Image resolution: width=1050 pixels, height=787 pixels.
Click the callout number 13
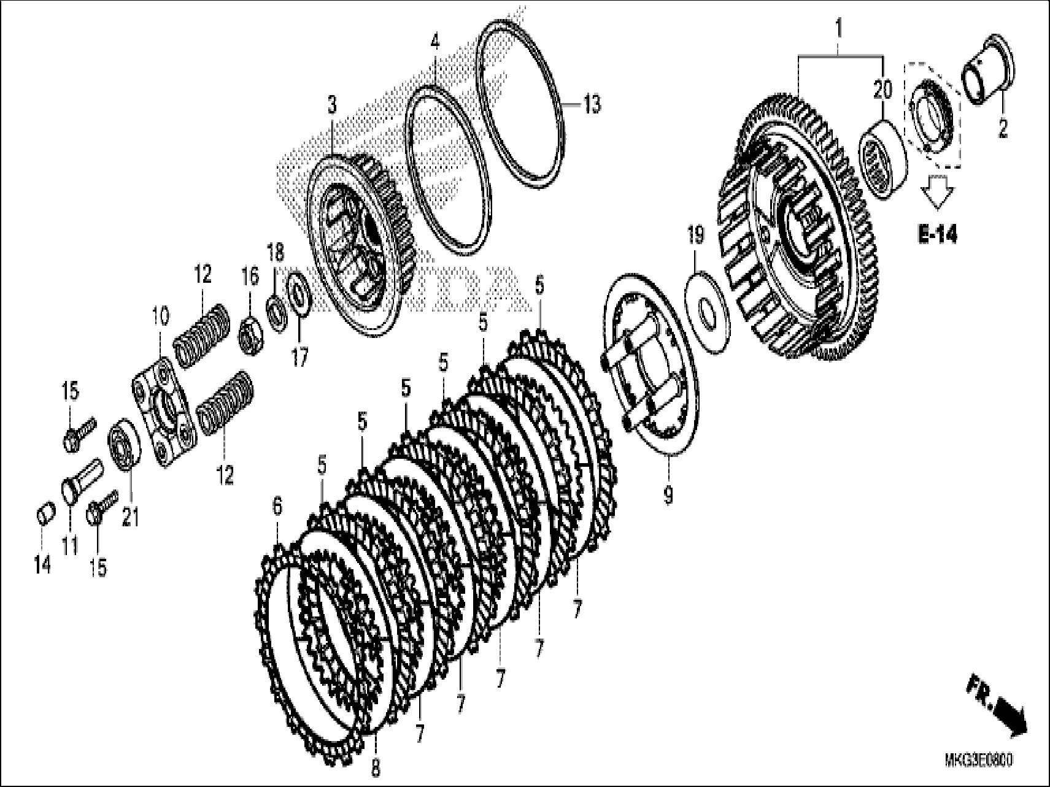[591, 105]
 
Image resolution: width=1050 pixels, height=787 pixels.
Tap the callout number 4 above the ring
[434, 42]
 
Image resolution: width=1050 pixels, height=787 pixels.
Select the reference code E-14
[937, 234]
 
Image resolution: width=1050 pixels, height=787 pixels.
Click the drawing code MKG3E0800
[978, 761]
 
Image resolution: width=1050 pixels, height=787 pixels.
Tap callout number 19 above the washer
[695, 237]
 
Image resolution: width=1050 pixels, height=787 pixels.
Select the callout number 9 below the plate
[668, 494]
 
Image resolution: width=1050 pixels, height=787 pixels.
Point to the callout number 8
[376, 767]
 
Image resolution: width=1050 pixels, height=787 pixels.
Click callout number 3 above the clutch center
[332, 105]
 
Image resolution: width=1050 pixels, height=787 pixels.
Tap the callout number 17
[299, 357]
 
